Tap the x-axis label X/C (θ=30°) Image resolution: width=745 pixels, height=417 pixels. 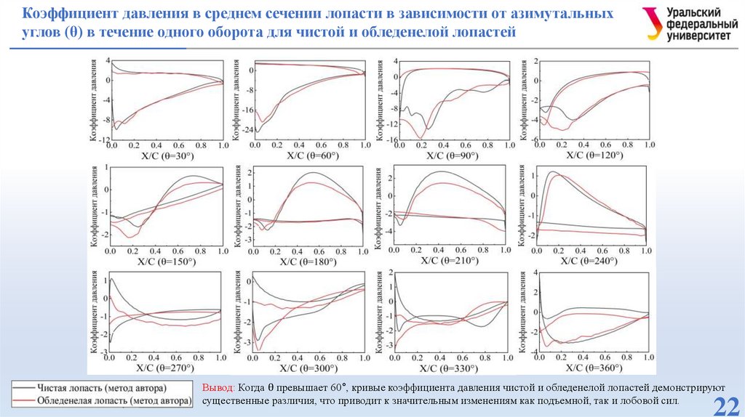point(167,155)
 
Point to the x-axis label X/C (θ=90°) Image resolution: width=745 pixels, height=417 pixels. point(452,155)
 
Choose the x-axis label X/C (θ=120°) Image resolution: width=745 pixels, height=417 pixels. point(594,155)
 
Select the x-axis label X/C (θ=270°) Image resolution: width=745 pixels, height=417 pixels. point(167,368)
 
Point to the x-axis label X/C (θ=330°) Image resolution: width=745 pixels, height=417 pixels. point(450,368)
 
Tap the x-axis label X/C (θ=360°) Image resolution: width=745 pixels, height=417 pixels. point(594,368)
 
